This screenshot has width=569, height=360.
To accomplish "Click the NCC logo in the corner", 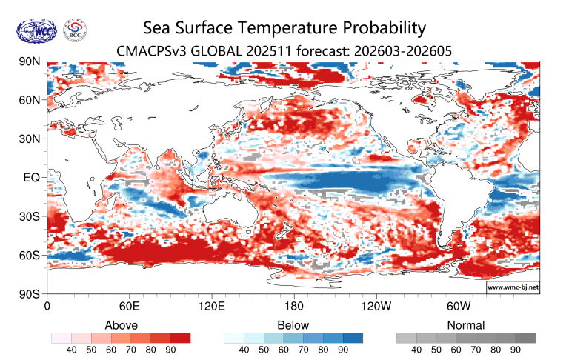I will (x=36, y=30).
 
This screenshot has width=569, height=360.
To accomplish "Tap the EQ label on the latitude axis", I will (x=32, y=178).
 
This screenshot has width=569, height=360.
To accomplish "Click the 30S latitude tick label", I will (x=30, y=216).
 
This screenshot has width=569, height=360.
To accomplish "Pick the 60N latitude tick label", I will (x=30, y=100).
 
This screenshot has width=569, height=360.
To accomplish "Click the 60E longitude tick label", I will (x=130, y=305).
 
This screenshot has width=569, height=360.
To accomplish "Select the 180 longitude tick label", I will (x=293, y=305).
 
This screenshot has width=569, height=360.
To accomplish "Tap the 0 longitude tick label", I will (x=48, y=305).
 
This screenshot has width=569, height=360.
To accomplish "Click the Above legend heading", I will (x=121, y=325).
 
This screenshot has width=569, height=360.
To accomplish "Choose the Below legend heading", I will (x=293, y=325).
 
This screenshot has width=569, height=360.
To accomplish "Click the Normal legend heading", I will (x=466, y=325).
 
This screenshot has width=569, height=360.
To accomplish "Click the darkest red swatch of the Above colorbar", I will (x=180, y=338).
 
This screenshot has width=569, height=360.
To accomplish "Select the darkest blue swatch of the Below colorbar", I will (x=353, y=338).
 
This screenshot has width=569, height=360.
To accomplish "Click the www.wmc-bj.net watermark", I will (x=513, y=286).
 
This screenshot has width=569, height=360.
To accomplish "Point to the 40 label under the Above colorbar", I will (x=73, y=350).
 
